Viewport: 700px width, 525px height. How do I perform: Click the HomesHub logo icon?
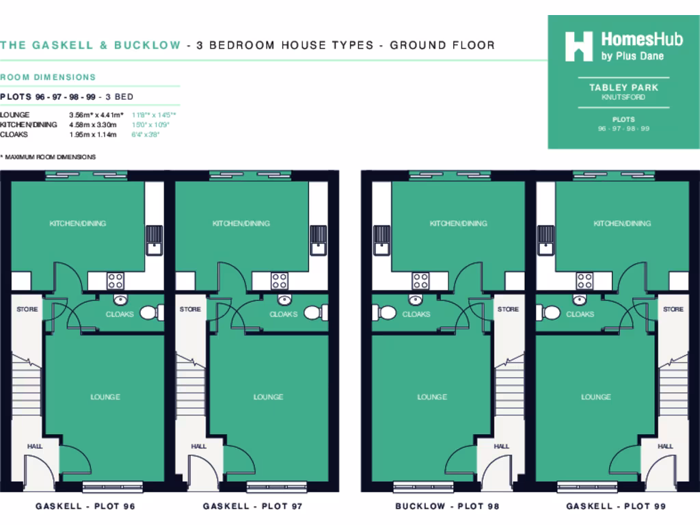click(x=578, y=46)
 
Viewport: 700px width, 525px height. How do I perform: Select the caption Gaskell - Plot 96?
click(x=85, y=507)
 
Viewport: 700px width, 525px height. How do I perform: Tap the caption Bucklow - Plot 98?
click(x=447, y=507)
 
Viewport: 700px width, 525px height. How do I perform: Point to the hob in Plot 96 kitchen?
click(x=115, y=280)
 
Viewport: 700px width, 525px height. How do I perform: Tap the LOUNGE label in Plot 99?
click(x=596, y=396)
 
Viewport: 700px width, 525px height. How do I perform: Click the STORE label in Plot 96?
click(x=27, y=310)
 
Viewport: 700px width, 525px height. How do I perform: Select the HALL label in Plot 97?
click(x=198, y=446)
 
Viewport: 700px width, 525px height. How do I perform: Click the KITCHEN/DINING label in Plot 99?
click(x=622, y=224)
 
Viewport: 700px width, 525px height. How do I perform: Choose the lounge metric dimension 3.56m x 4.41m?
click(x=96, y=115)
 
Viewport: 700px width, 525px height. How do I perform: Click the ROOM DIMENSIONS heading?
click(x=48, y=77)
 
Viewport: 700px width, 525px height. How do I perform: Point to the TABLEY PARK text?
click(x=623, y=87)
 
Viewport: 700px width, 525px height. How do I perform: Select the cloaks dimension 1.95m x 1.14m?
click(x=93, y=135)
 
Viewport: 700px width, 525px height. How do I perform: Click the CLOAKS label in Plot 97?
click(x=283, y=314)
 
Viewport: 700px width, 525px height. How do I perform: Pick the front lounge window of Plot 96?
click(x=113, y=486)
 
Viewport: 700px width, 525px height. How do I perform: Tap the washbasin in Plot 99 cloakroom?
click(x=580, y=299)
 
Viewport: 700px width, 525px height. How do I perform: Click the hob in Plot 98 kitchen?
click(x=420, y=280)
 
